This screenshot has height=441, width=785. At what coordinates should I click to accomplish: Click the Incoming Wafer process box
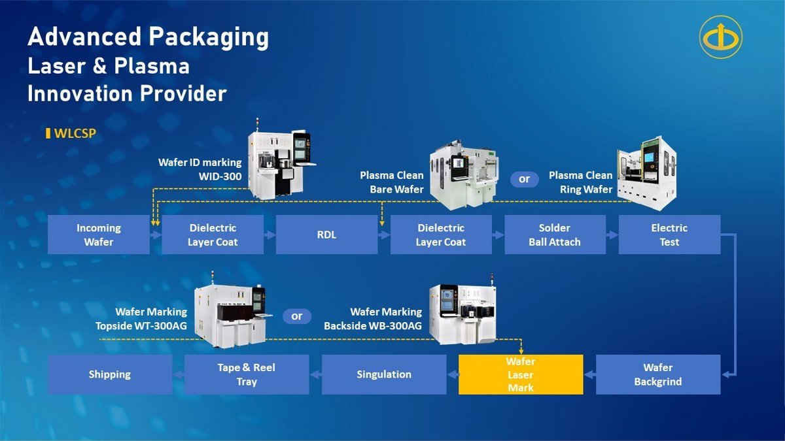(99, 235)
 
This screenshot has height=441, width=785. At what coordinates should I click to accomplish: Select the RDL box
(326, 235)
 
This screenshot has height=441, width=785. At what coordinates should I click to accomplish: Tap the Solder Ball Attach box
(555, 235)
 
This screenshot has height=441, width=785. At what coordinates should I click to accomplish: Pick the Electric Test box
(669, 235)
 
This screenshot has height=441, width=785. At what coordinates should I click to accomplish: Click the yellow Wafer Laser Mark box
(521, 374)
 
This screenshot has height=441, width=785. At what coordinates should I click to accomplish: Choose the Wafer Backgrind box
(657, 374)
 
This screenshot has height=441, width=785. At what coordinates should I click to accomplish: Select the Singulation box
(384, 374)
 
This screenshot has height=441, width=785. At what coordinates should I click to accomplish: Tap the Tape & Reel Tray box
(247, 374)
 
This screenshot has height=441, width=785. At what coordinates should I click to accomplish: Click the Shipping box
(110, 374)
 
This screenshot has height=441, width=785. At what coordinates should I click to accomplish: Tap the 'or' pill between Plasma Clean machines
(524, 179)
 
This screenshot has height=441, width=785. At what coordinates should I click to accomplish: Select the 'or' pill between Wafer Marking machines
(297, 316)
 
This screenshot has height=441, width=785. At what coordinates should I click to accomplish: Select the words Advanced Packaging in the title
(148, 37)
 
